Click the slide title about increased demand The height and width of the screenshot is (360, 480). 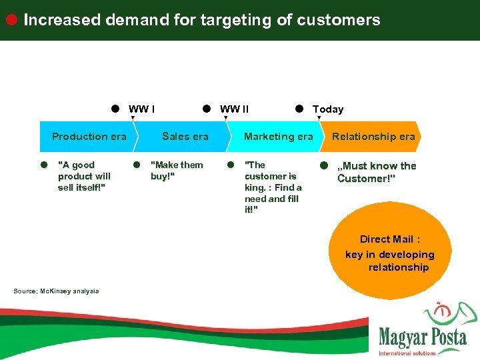(x=201, y=20)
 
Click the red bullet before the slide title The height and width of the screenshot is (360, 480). (x=11, y=19)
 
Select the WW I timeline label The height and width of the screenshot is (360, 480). (x=142, y=109)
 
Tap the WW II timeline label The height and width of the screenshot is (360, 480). (x=235, y=109)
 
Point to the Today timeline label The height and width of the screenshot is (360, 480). (x=328, y=109)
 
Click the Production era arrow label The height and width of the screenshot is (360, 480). (x=89, y=137)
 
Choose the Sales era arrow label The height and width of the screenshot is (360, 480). (x=185, y=137)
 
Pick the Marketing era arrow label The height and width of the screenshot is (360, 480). (x=278, y=137)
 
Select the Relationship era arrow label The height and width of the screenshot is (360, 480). (x=373, y=137)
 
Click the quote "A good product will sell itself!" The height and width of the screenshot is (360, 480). (x=84, y=176)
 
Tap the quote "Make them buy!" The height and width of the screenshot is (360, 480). (x=177, y=171)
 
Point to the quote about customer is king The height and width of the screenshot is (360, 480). (x=273, y=187)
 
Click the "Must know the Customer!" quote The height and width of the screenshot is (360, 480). (x=376, y=172)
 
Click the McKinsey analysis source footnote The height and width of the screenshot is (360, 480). (x=56, y=291)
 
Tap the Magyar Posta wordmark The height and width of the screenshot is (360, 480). (x=423, y=337)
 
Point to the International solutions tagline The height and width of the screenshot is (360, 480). (x=407, y=353)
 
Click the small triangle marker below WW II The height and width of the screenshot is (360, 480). (x=225, y=118)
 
